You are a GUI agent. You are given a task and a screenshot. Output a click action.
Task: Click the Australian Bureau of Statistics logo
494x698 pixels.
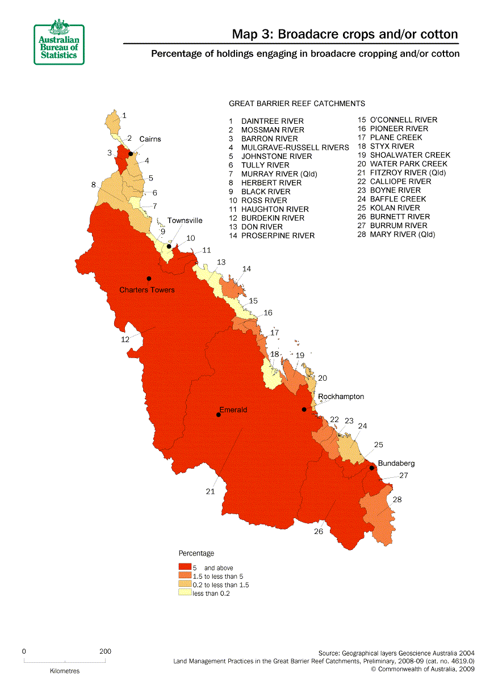coord(58,42)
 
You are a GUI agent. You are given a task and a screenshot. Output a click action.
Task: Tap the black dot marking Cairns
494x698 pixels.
coord(131,154)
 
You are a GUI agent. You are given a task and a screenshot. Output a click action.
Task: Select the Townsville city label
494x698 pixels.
coord(185,220)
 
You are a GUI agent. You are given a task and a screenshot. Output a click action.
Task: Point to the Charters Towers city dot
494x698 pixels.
coord(149,279)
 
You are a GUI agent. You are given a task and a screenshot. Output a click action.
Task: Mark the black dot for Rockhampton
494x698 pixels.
coord(304,410)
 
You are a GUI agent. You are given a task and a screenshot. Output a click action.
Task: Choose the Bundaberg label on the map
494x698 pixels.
coord(396,463)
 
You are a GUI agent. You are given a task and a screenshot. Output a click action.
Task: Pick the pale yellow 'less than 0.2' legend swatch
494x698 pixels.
coord(185,593)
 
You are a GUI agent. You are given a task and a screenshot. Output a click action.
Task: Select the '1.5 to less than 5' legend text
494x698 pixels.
coord(217,577)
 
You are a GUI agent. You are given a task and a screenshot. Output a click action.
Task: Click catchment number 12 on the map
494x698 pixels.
coord(125,339)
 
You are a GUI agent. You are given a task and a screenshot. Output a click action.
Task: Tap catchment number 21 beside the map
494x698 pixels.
coord(210,491)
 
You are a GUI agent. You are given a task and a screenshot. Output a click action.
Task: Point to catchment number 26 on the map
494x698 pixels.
coord(318,532)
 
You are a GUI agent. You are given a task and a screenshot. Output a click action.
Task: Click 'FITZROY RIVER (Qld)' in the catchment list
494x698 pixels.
coord(408,173)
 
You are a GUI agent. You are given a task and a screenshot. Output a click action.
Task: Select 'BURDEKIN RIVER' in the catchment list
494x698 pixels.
coord(273,218)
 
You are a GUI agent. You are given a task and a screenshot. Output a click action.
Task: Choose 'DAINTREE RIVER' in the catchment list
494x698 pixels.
coord(272,121)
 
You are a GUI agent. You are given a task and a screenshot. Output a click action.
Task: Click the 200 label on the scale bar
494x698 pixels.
coord(105,651)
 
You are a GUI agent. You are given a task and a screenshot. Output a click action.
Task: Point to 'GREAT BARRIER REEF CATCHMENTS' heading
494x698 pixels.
coord(296,104)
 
